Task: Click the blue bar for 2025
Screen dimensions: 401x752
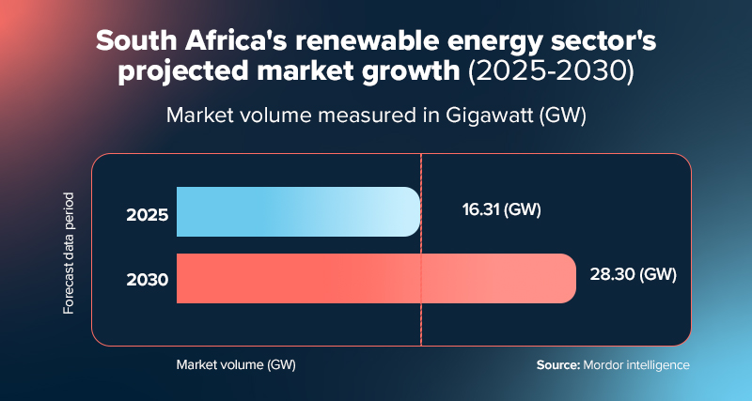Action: tap(297, 211)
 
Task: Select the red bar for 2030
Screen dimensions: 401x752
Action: tap(376, 278)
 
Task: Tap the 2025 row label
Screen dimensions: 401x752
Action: tap(148, 214)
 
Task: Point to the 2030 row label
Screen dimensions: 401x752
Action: tap(148, 279)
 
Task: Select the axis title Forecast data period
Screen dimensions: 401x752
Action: tap(69, 254)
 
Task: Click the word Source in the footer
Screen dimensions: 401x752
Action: tap(556, 363)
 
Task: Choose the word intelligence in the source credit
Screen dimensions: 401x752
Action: tap(659, 363)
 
